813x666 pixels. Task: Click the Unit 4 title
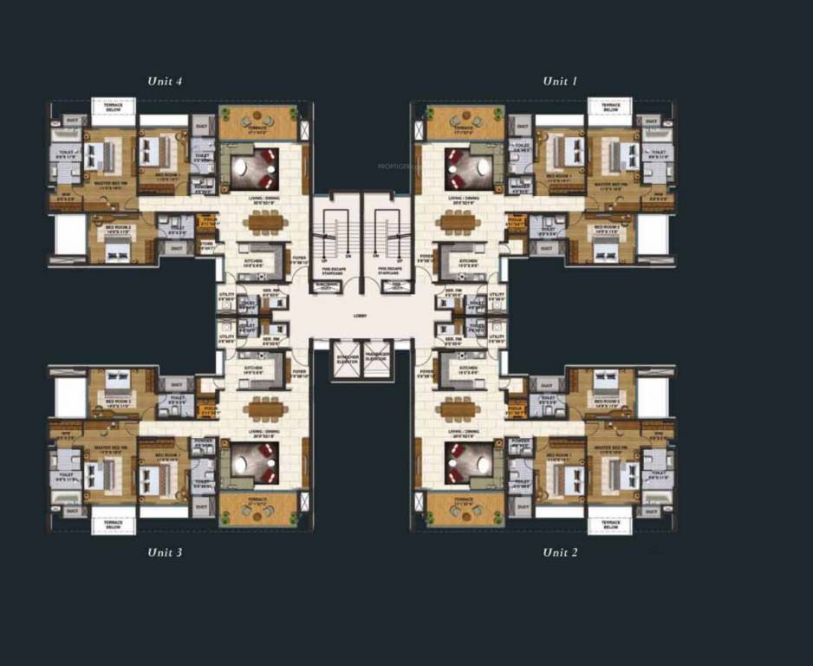click(165, 82)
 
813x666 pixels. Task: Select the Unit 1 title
click(560, 82)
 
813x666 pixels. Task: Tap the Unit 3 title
click(165, 552)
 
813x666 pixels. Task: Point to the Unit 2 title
click(560, 552)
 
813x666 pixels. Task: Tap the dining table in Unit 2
click(459, 408)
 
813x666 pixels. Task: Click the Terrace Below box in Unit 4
click(114, 108)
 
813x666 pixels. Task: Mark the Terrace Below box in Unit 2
click(610, 523)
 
